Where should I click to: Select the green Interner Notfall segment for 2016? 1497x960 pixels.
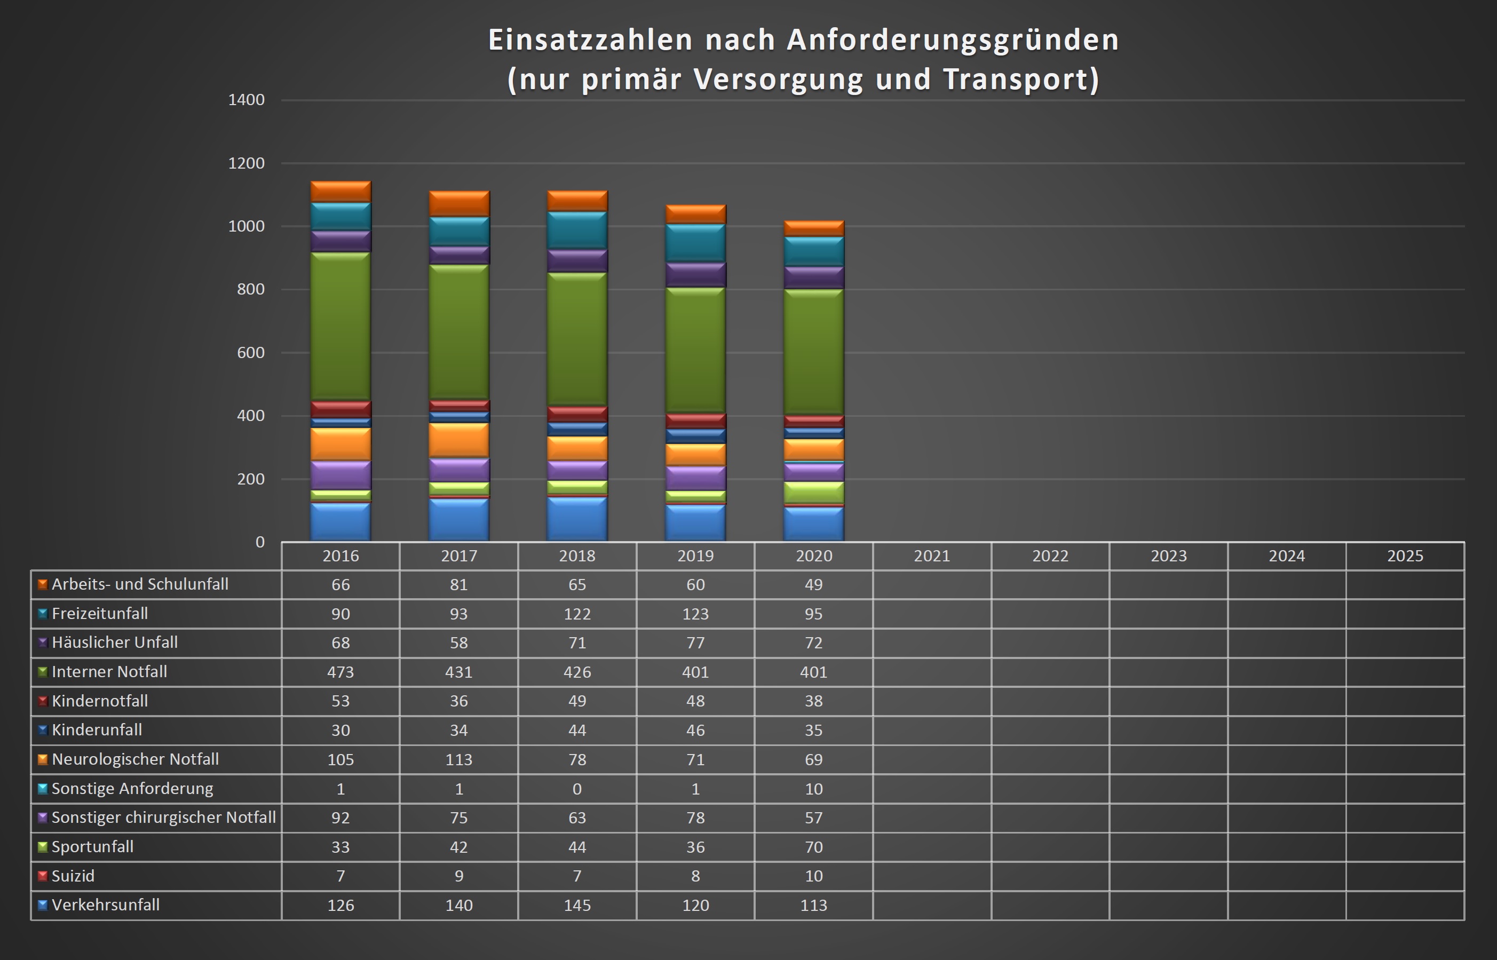click(x=340, y=326)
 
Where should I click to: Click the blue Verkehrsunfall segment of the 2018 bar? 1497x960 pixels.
click(x=577, y=519)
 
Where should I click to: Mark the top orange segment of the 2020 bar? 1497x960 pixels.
click(x=814, y=228)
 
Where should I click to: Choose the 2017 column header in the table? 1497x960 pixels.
click(x=459, y=556)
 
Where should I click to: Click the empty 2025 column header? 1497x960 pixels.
click(x=1405, y=556)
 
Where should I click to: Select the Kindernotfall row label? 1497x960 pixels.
click(x=100, y=701)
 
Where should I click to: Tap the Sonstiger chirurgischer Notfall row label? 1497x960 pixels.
click(x=163, y=817)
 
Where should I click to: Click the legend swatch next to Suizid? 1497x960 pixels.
click(x=42, y=876)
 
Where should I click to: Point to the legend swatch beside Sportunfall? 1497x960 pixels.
click(x=42, y=846)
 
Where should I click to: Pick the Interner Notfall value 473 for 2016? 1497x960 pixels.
click(x=340, y=672)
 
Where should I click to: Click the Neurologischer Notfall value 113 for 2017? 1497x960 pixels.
click(x=459, y=759)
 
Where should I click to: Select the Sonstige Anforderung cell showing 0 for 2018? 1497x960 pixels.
click(x=577, y=789)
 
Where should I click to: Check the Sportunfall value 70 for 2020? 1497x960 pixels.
click(x=814, y=846)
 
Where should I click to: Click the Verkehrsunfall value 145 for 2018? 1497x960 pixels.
click(x=577, y=905)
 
